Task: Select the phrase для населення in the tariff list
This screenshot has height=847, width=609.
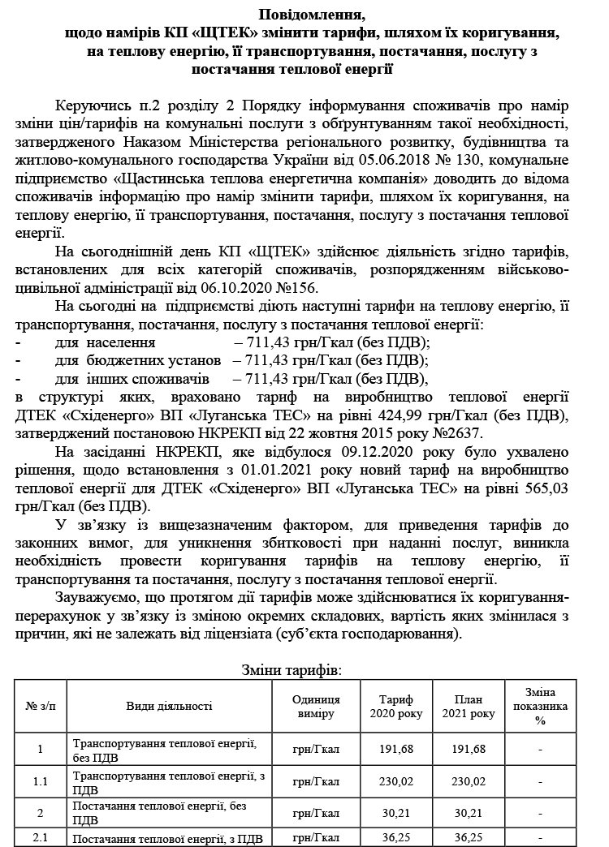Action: (x=105, y=343)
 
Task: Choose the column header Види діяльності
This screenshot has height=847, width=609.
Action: (x=169, y=706)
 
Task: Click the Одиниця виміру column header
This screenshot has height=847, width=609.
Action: (x=316, y=706)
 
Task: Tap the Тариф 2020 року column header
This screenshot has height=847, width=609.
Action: (x=396, y=706)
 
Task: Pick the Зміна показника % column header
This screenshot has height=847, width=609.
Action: (x=540, y=706)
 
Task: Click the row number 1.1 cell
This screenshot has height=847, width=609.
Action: (x=41, y=781)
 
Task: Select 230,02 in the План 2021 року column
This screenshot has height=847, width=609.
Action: (x=468, y=781)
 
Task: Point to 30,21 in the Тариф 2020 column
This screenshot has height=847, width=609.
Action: (x=396, y=812)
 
